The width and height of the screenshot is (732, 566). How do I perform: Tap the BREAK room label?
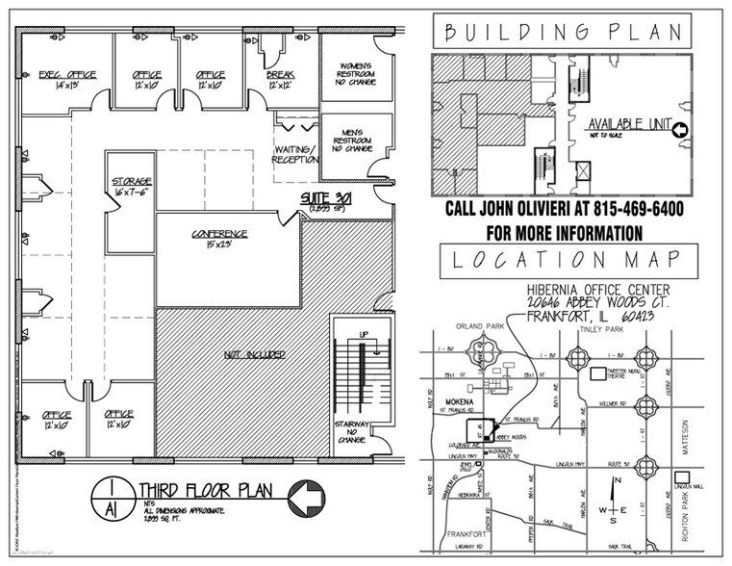pos(281,73)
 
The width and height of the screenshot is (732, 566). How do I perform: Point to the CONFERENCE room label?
pos(220,234)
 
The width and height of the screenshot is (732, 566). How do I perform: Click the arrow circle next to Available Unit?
pos(679,130)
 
